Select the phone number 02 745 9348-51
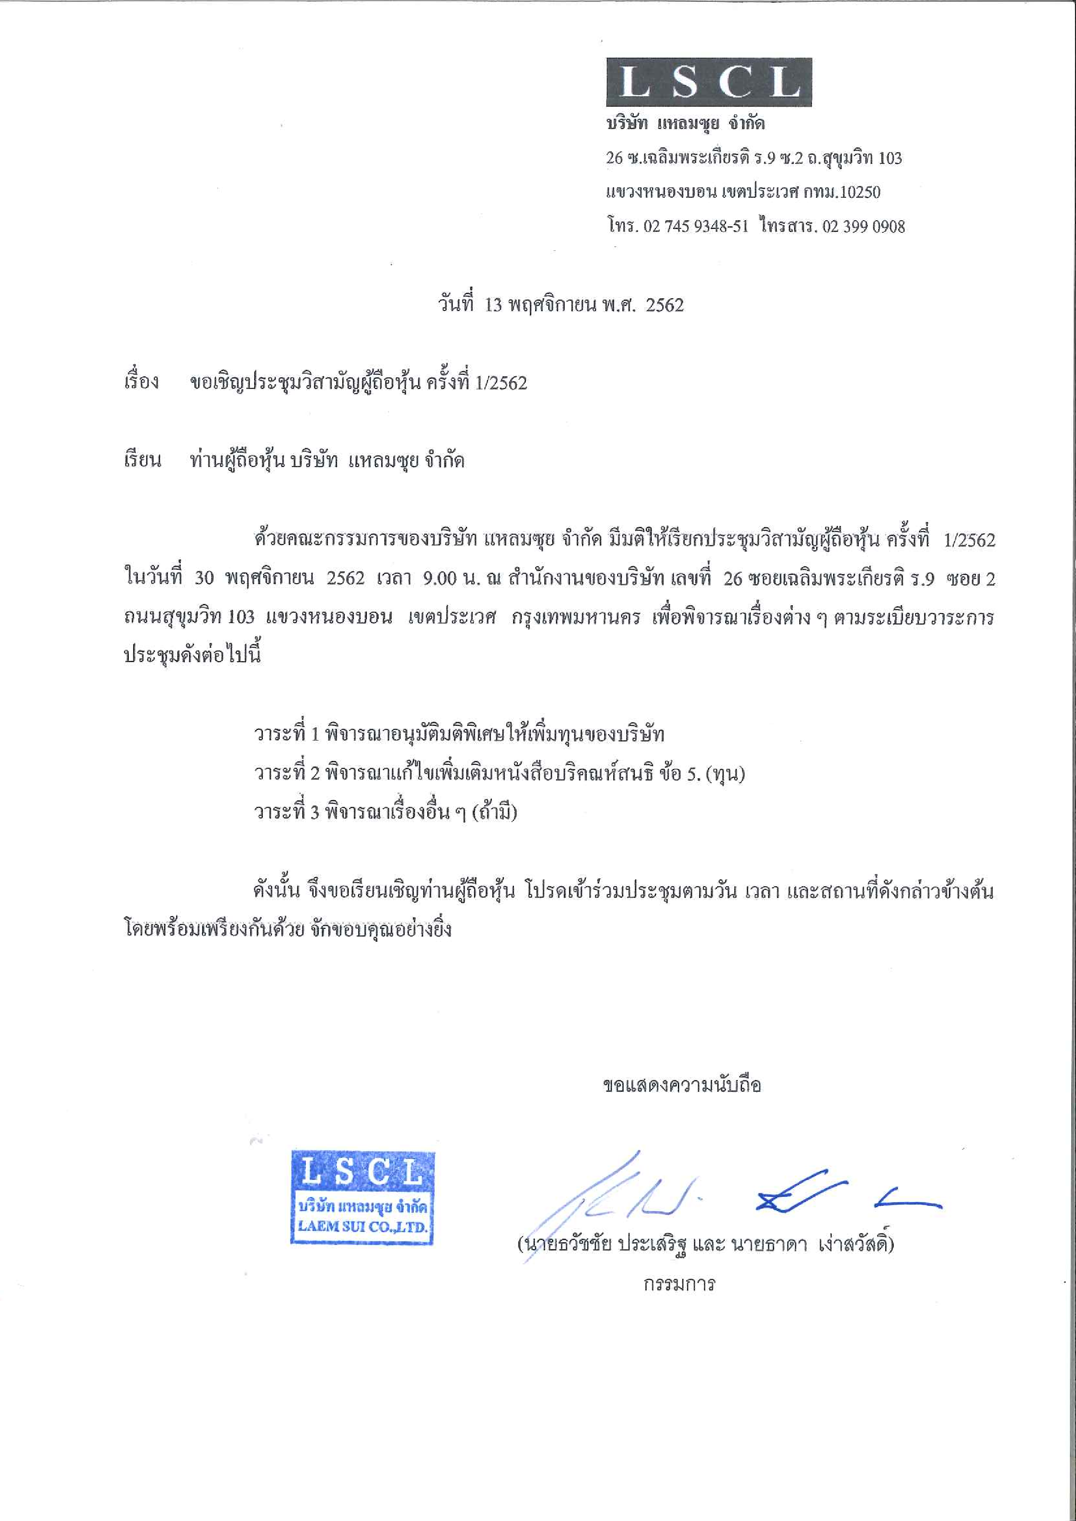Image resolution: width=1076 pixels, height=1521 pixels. tap(695, 227)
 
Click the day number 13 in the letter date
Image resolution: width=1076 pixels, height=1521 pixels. tap(494, 305)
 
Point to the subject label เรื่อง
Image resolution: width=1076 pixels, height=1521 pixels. tap(141, 382)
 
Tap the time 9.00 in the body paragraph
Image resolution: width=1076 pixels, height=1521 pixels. tap(439, 578)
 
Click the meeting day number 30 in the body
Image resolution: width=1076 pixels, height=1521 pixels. tap(204, 578)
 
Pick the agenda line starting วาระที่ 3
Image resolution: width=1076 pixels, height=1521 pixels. tap(385, 812)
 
